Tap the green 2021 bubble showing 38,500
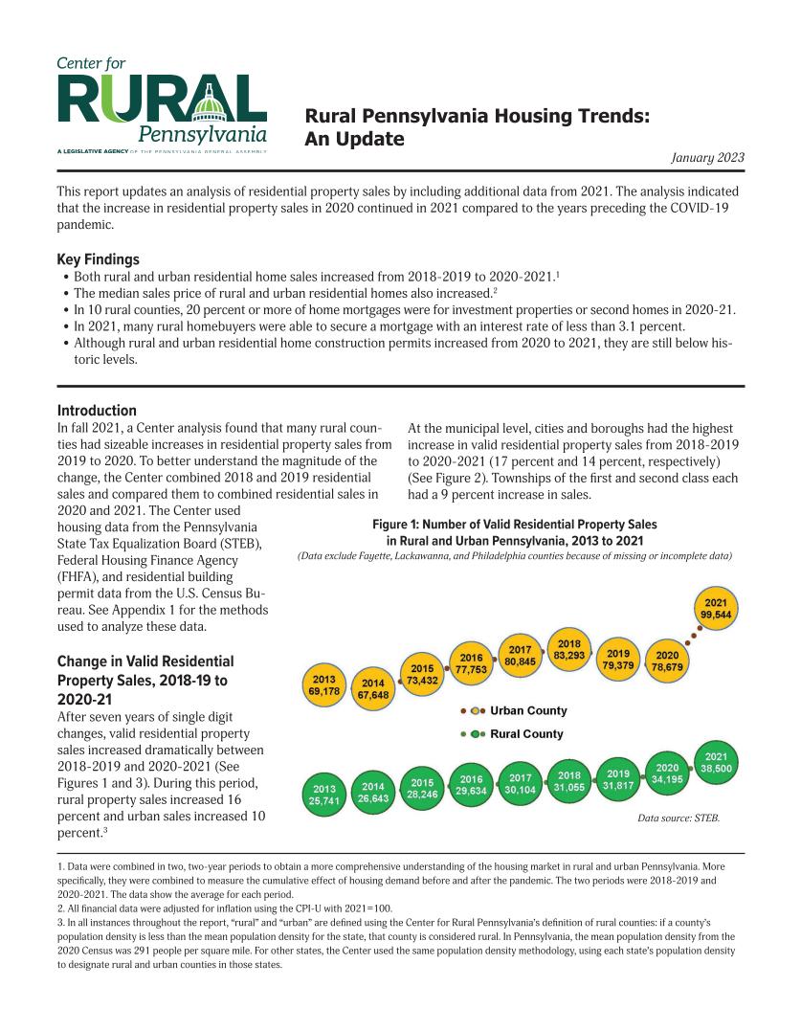coord(716,762)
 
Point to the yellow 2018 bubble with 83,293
coord(569,649)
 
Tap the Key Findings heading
coord(99,259)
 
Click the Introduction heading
coord(97,410)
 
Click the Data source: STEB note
coord(678,818)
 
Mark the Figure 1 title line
coord(514,525)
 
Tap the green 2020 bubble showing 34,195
coord(667,773)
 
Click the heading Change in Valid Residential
coord(145,661)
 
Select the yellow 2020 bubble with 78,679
coord(666,661)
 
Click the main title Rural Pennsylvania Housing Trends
coord(478,118)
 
